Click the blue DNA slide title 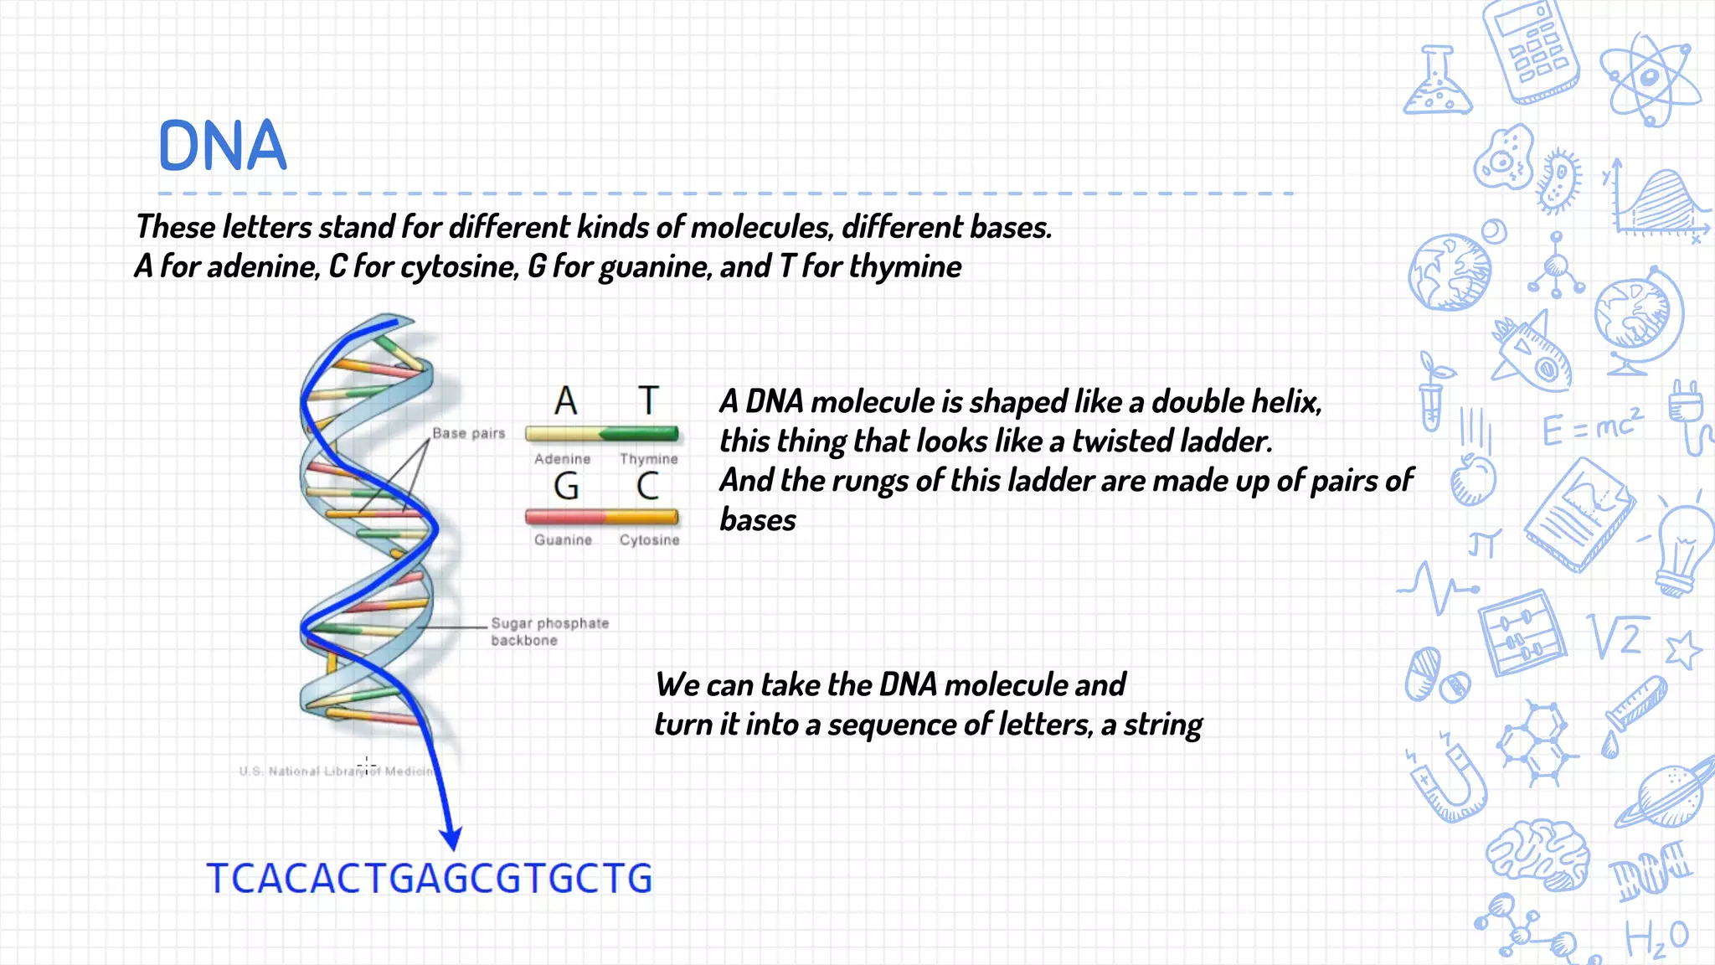coord(223,146)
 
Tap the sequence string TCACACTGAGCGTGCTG coord(429,879)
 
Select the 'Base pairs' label coord(468,433)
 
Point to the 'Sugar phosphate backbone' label coord(548,632)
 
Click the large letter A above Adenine coord(566,401)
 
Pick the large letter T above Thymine coord(648,401)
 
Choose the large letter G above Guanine coord(566,487)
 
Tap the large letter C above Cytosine coord(648,487)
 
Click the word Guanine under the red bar coord(563,540)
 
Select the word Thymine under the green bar coord(648,459)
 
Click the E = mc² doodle coord(1591,427)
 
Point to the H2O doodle coord(1656,938)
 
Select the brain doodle coord(1539,854)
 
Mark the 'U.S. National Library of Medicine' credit coord(338,771)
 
